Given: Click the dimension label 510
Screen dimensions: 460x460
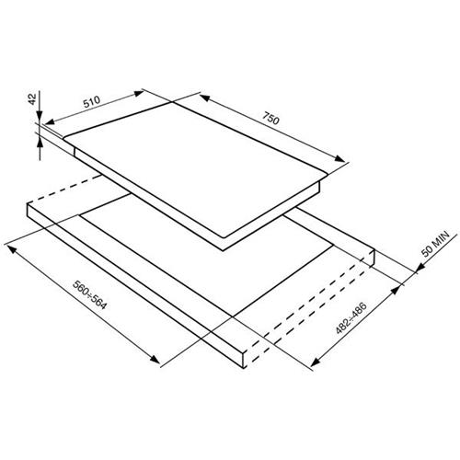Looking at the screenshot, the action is tap(92, 101).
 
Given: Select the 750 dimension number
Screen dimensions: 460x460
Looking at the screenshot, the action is tap(270, 119).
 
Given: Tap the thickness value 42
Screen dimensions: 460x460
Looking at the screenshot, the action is tap(32, 98).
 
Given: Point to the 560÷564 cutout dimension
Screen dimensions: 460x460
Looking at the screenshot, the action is tap(89, 294).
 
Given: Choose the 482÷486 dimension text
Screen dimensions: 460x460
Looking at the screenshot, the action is tap(351, 318).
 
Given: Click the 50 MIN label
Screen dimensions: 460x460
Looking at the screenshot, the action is tap(435, 244).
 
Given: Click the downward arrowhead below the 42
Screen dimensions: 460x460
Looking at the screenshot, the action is tap(40, 116).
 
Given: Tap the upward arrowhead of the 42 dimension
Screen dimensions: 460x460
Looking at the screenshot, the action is tap(40, 143).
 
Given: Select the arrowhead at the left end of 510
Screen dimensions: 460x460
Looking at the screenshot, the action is tap(50, 121).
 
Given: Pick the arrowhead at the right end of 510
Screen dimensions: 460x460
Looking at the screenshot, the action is tap(138, 93).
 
